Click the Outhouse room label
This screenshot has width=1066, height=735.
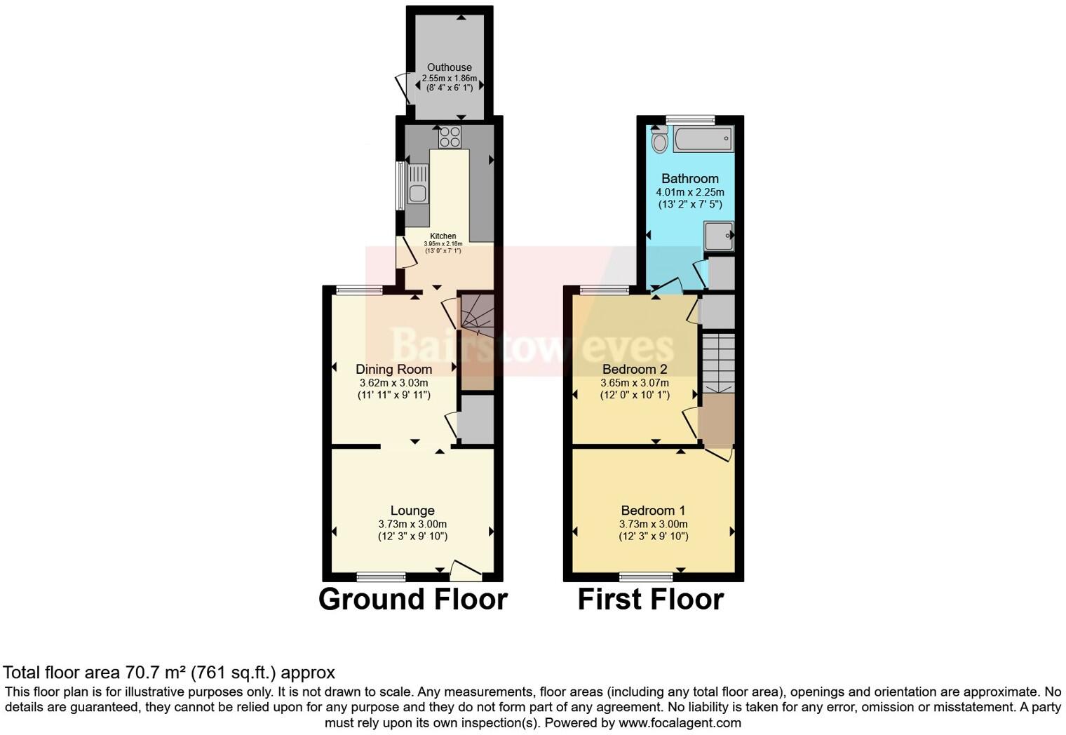[450, 67]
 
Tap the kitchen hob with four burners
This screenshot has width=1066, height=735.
[450, 137]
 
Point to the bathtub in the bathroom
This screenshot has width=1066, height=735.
[703, 139]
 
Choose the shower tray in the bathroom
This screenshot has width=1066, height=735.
[718, 236]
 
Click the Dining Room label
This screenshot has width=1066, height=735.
[393, 369]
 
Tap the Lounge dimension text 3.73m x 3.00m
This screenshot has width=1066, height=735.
[412, 524]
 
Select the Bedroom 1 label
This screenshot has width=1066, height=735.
[653, 511]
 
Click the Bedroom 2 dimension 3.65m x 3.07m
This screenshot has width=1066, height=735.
[634, 383]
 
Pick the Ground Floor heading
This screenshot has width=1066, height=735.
[412, 600]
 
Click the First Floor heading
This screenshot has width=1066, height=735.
[650, 600]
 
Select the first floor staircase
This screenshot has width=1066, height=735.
[718, 363]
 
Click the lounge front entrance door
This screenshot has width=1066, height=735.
[466, 571]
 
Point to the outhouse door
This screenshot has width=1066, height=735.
[403, 88]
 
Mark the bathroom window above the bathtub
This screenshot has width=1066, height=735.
[690, 120]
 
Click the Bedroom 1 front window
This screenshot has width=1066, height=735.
[646, 577]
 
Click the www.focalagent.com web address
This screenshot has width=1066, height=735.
[680, 723]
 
